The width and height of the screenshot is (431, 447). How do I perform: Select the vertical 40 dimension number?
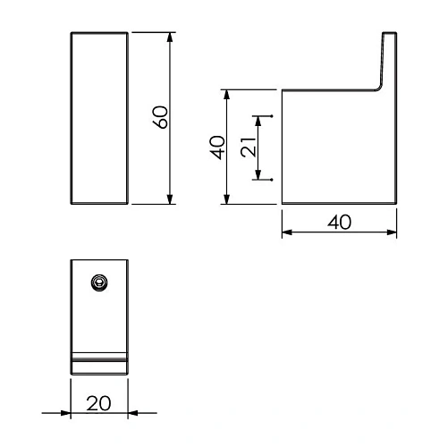coord(215,147)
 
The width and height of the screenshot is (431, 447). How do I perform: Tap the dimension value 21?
coord(252,148)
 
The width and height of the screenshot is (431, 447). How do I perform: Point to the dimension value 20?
coord(98,402)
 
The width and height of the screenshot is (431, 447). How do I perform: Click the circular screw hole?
coord(99,283)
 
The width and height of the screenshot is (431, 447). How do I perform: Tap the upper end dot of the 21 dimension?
coord(270,116)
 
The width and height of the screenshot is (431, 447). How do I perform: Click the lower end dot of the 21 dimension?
coord(270,180)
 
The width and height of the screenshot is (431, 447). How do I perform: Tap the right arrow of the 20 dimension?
coord(133,413)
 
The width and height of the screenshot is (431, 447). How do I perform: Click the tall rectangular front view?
coord(99,119)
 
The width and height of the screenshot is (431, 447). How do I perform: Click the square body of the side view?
coord(338,148)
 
